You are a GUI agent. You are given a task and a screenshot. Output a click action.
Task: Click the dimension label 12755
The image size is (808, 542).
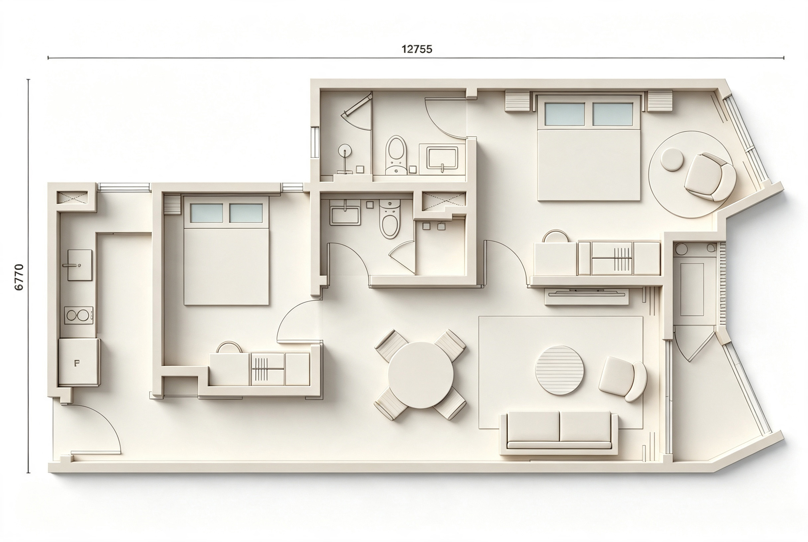click(417, 49)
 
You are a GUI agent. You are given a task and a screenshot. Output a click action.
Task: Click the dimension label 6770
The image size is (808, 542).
click(19, 277)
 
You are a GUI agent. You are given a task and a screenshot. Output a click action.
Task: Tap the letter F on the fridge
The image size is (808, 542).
click(77, 363)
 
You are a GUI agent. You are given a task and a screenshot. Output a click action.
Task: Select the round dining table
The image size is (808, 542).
click(420, 375)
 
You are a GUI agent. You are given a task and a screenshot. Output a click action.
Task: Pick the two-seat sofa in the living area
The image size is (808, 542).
click(559, 432)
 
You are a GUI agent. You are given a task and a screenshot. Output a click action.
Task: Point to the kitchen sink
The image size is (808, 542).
click(79, 265)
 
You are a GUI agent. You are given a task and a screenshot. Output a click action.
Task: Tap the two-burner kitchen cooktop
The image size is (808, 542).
click(78, 315)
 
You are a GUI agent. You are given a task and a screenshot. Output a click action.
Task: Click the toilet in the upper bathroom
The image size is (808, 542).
click(396, 155)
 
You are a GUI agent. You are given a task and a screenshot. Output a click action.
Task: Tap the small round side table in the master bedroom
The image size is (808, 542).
click(672, 159)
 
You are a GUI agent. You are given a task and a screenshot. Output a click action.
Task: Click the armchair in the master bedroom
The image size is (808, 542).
click(710, 177)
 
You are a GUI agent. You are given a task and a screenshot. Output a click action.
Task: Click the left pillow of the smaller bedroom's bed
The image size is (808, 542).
click(206, 213)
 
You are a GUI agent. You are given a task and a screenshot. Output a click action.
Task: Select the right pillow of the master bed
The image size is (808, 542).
click(612, 114)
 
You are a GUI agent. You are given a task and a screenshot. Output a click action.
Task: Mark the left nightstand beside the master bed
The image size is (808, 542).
click(517, 101)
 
